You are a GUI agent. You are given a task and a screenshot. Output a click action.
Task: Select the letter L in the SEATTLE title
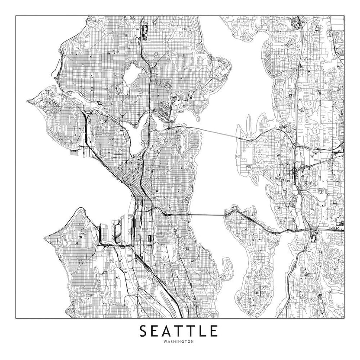click(204, 331)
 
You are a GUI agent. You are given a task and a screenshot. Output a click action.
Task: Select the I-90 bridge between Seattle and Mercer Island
click(195, 214)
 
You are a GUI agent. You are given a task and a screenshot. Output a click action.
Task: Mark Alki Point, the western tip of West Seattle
click(45, 238)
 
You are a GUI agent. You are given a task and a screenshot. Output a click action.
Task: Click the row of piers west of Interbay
click(76, 151)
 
